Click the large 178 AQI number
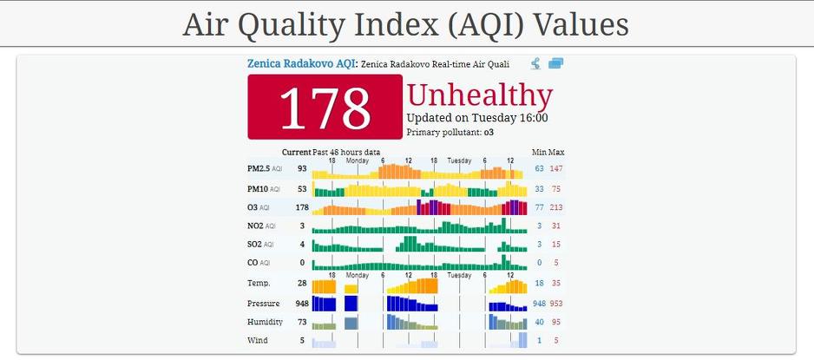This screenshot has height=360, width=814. point(325,107)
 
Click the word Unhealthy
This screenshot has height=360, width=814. point(479,95)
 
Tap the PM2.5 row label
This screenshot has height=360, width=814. point(259,168)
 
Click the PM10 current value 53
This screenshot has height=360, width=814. point(302,188)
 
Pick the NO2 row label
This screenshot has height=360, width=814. point(258,226)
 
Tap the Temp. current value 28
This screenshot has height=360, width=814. point(302,283)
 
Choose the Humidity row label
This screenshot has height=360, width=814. point(265,322)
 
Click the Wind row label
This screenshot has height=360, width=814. point(258,341)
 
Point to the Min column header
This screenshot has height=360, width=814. point(539,153)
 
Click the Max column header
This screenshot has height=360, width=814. point(555,153)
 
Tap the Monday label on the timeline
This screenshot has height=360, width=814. point(357,160)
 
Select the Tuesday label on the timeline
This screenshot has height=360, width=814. point(459,160)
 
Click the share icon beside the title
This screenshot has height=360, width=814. point(536,63)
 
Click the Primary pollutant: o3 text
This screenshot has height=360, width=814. point(451,133)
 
